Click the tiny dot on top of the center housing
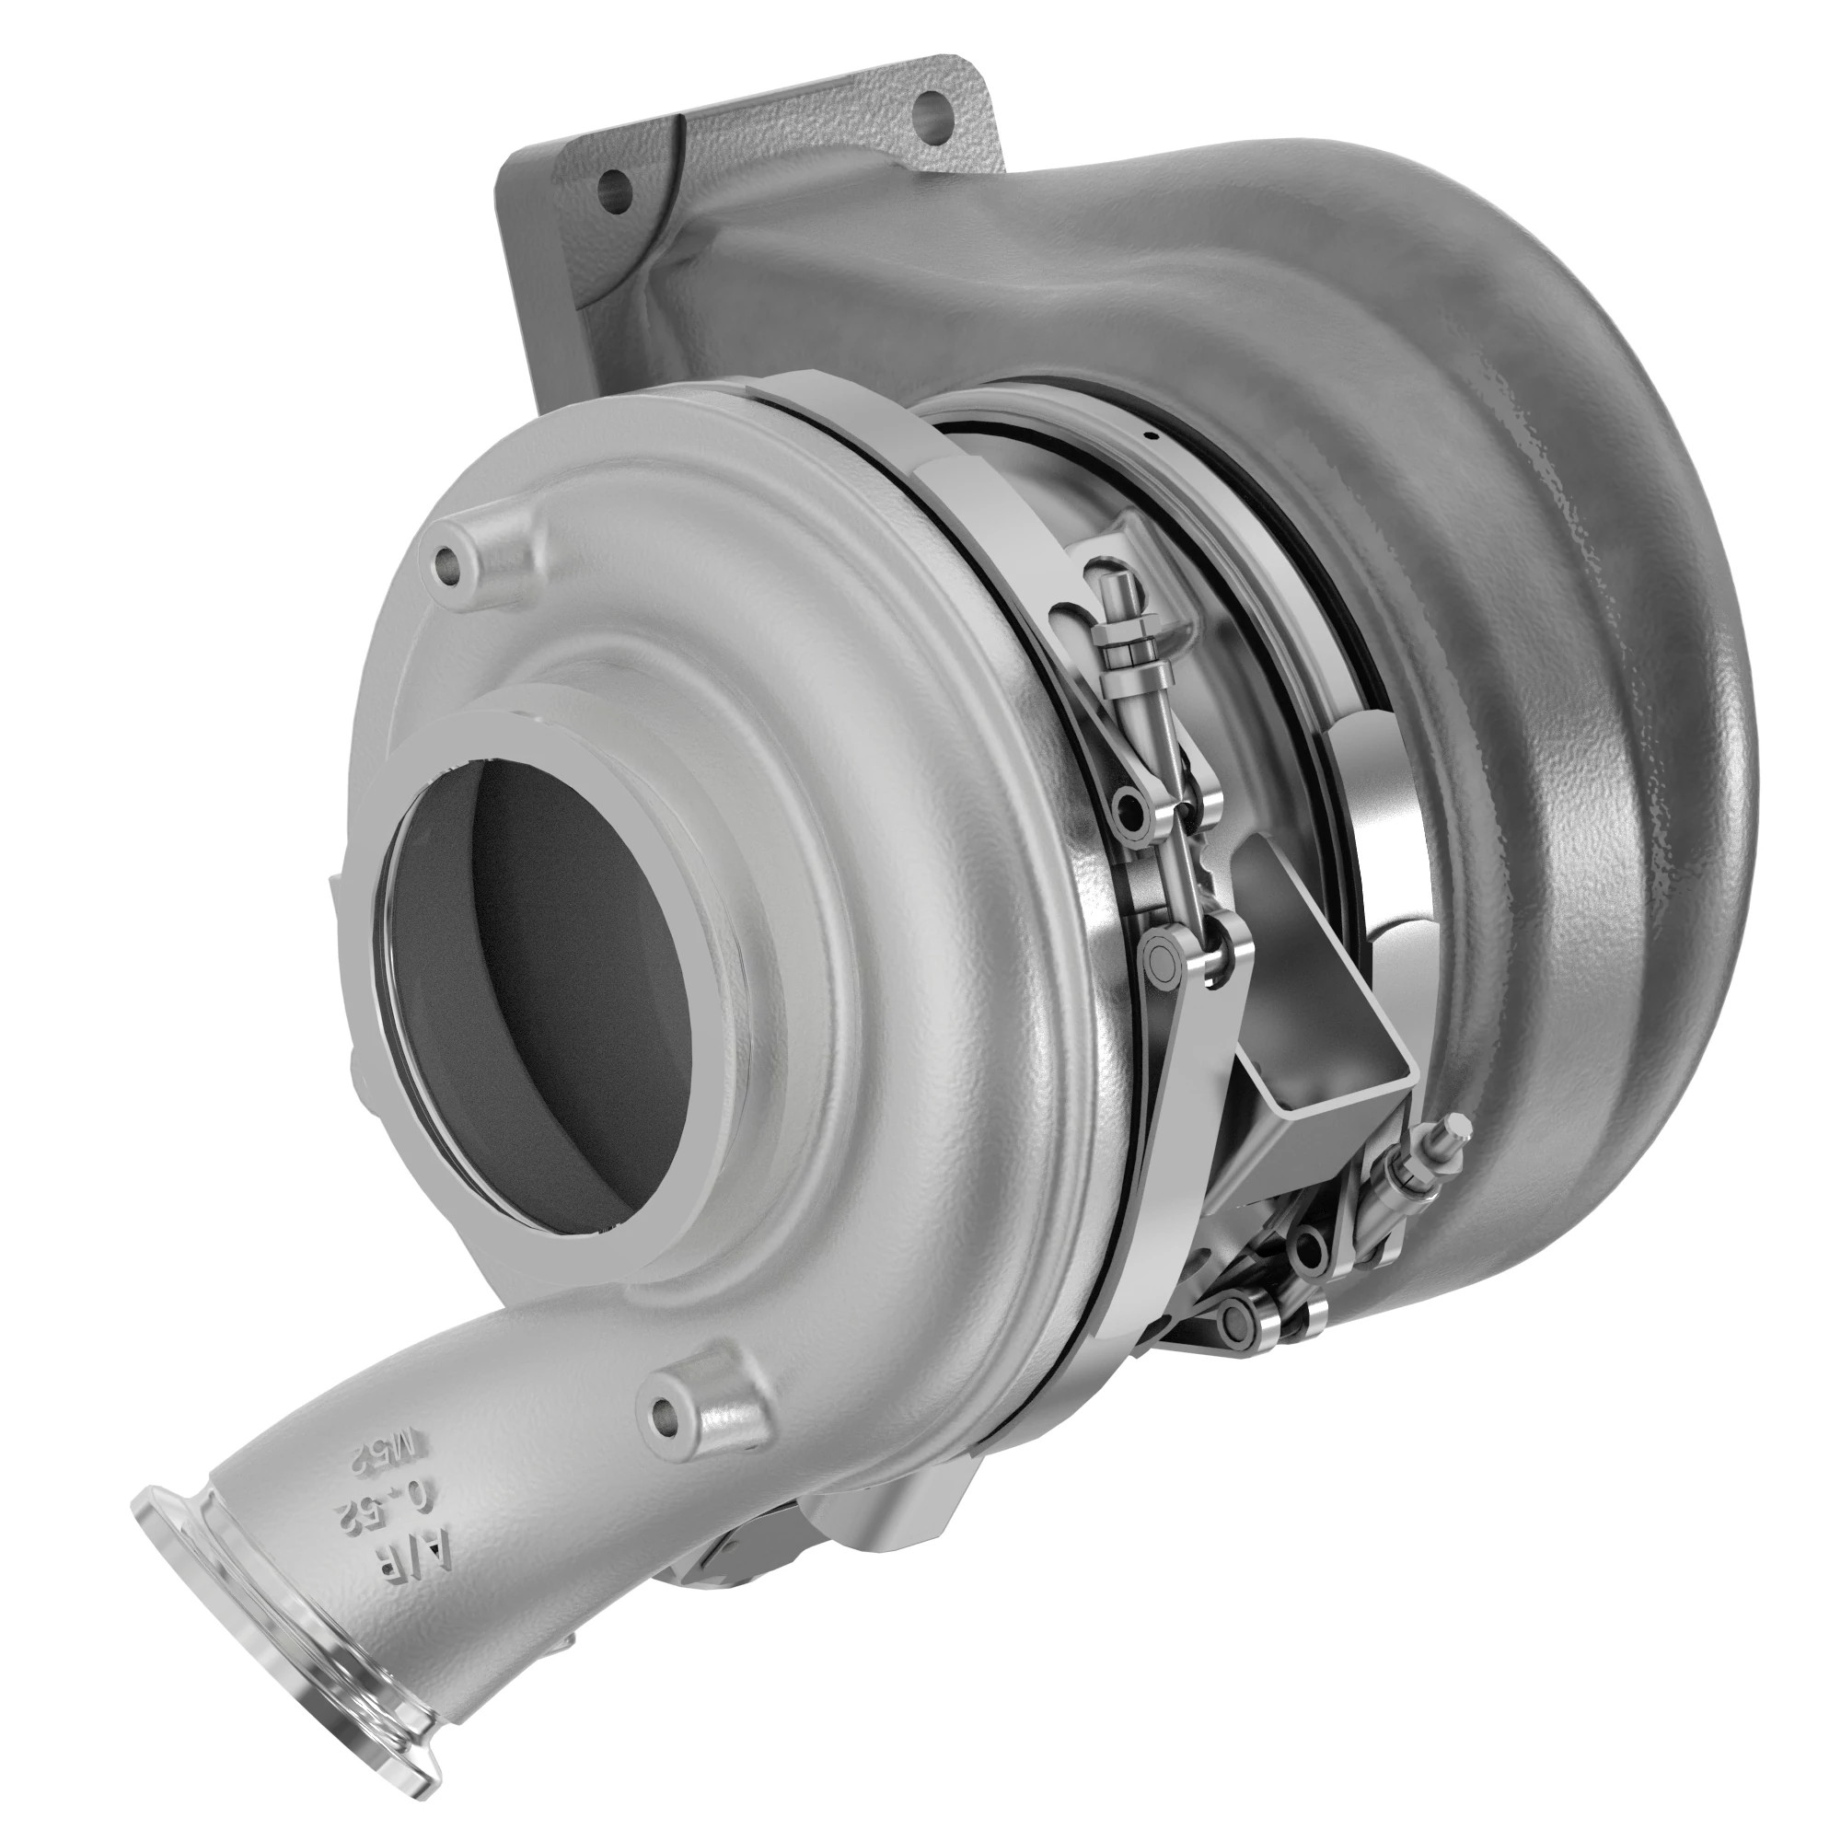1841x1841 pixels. (1152, 437)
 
